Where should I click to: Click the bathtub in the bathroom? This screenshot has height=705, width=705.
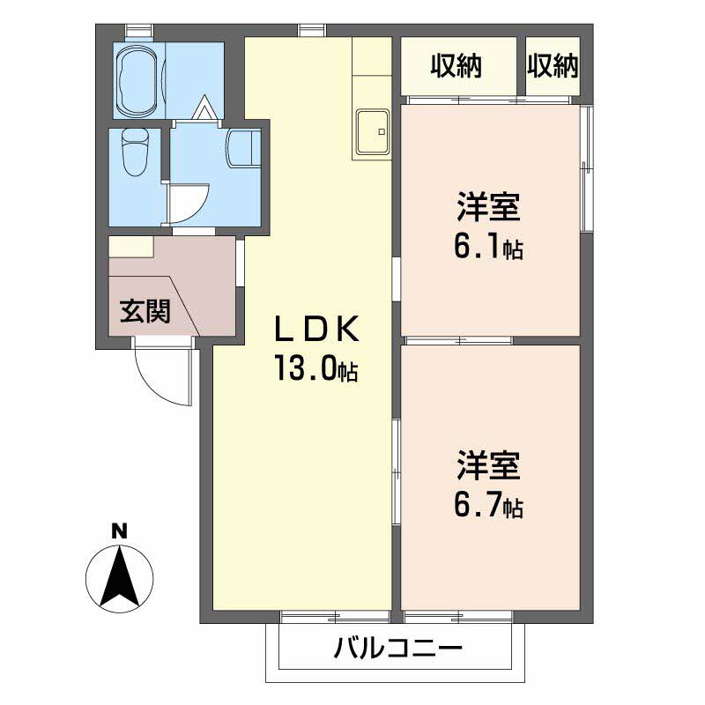(137, 80)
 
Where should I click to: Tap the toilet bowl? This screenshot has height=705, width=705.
(136, 152)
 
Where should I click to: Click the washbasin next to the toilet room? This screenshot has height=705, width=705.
(244, 148)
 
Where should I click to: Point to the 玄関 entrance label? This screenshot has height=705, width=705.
(145, 311)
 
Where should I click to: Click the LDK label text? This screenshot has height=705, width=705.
(316, 329)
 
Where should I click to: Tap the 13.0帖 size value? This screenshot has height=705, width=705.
(316, 367)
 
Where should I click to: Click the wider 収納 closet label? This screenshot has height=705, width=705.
(456, 65)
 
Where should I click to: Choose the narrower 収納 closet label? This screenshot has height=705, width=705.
(553, 65)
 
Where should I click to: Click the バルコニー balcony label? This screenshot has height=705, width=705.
(397, 648)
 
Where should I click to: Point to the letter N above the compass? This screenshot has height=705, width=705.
(120, 532)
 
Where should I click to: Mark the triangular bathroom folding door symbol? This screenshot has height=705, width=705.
(204, 108)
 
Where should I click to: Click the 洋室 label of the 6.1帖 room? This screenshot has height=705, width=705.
(489, 206)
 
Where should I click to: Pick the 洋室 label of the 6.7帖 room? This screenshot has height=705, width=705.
(489, 465)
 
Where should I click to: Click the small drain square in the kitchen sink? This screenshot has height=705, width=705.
(382, 131)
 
